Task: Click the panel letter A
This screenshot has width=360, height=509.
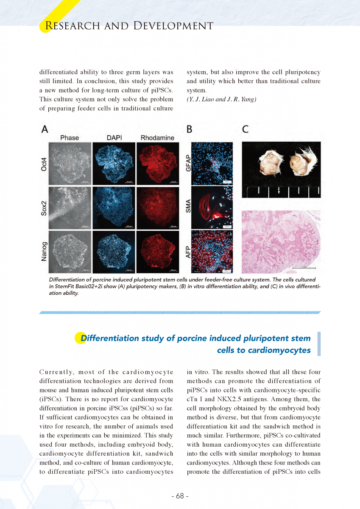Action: tap(45, 129)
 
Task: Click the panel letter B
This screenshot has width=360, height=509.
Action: tap(190, 129)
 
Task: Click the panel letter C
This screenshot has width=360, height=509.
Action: tap(246, 129)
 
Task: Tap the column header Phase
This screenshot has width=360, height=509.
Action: tap(70, 138)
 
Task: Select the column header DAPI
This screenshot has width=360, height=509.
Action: tap(113, 138)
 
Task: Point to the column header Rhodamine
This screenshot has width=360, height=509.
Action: tap(157, 138)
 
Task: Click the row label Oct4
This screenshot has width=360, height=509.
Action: tap(44, 162)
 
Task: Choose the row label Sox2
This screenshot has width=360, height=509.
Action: tap(44, 207)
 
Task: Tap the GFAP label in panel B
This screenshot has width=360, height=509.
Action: tap(188, 163)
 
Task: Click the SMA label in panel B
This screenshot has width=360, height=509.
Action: tap(188, 207)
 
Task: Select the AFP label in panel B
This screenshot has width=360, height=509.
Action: tap(188, 251)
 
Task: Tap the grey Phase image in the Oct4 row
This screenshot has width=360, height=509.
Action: tap(70, 163)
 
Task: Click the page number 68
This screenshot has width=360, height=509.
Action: tap(180, 496)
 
